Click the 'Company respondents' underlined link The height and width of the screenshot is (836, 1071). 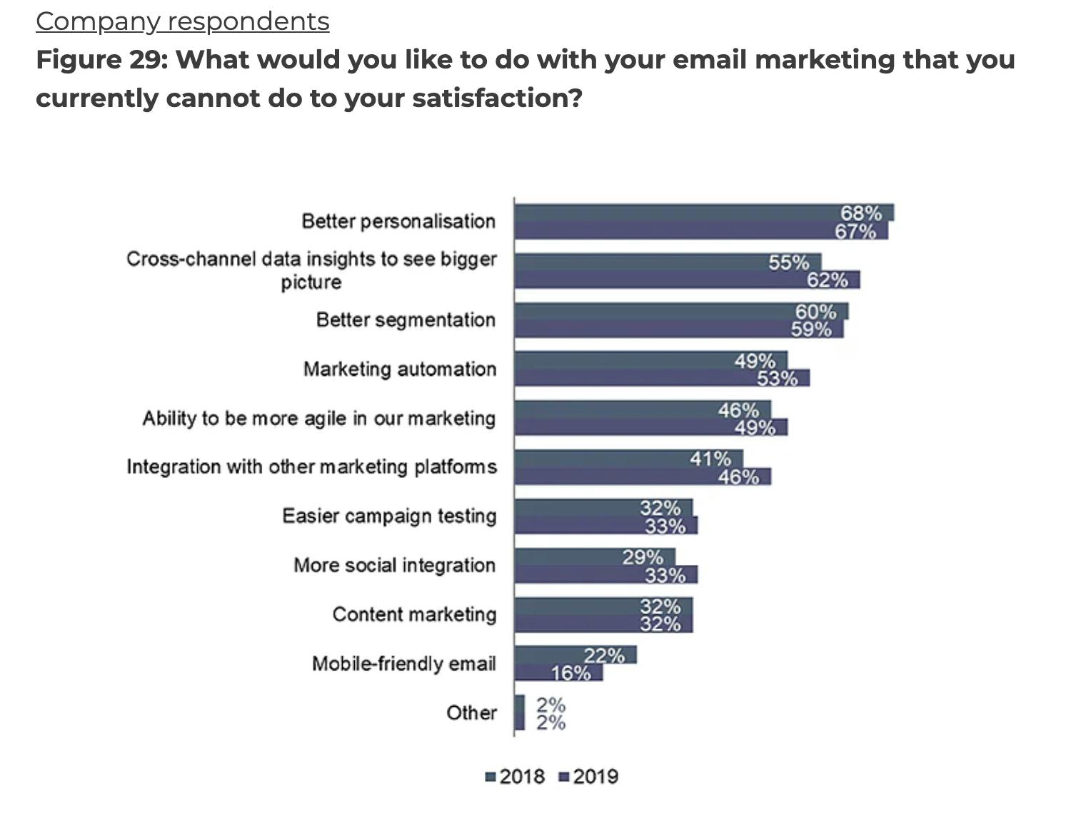point(183,21)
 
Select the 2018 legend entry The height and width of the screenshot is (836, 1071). point(515,776)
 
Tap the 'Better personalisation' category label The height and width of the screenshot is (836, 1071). point(398,221)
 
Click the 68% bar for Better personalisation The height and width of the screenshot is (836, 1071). point(703,213)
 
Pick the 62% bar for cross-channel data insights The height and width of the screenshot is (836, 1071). point(686,280)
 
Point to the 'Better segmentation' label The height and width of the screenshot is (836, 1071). point(406,320)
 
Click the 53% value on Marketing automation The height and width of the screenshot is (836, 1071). point(777,378)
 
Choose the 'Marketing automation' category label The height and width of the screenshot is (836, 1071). point(400,369)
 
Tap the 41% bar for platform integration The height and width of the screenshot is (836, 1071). point(628,458)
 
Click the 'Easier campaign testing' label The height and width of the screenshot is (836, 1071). point(389,516)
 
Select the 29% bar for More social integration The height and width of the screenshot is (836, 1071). point(594,556)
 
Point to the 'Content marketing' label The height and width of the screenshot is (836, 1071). point(414,614)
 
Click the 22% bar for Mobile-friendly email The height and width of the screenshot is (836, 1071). point(575,655)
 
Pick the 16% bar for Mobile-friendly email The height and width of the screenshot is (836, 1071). point(558,673)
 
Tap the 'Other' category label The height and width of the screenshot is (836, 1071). point(471,713)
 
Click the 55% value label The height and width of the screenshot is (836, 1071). point(789,262)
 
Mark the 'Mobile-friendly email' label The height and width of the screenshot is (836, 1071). point(404,663)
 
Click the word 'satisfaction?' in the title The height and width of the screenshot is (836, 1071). point(498,98)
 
